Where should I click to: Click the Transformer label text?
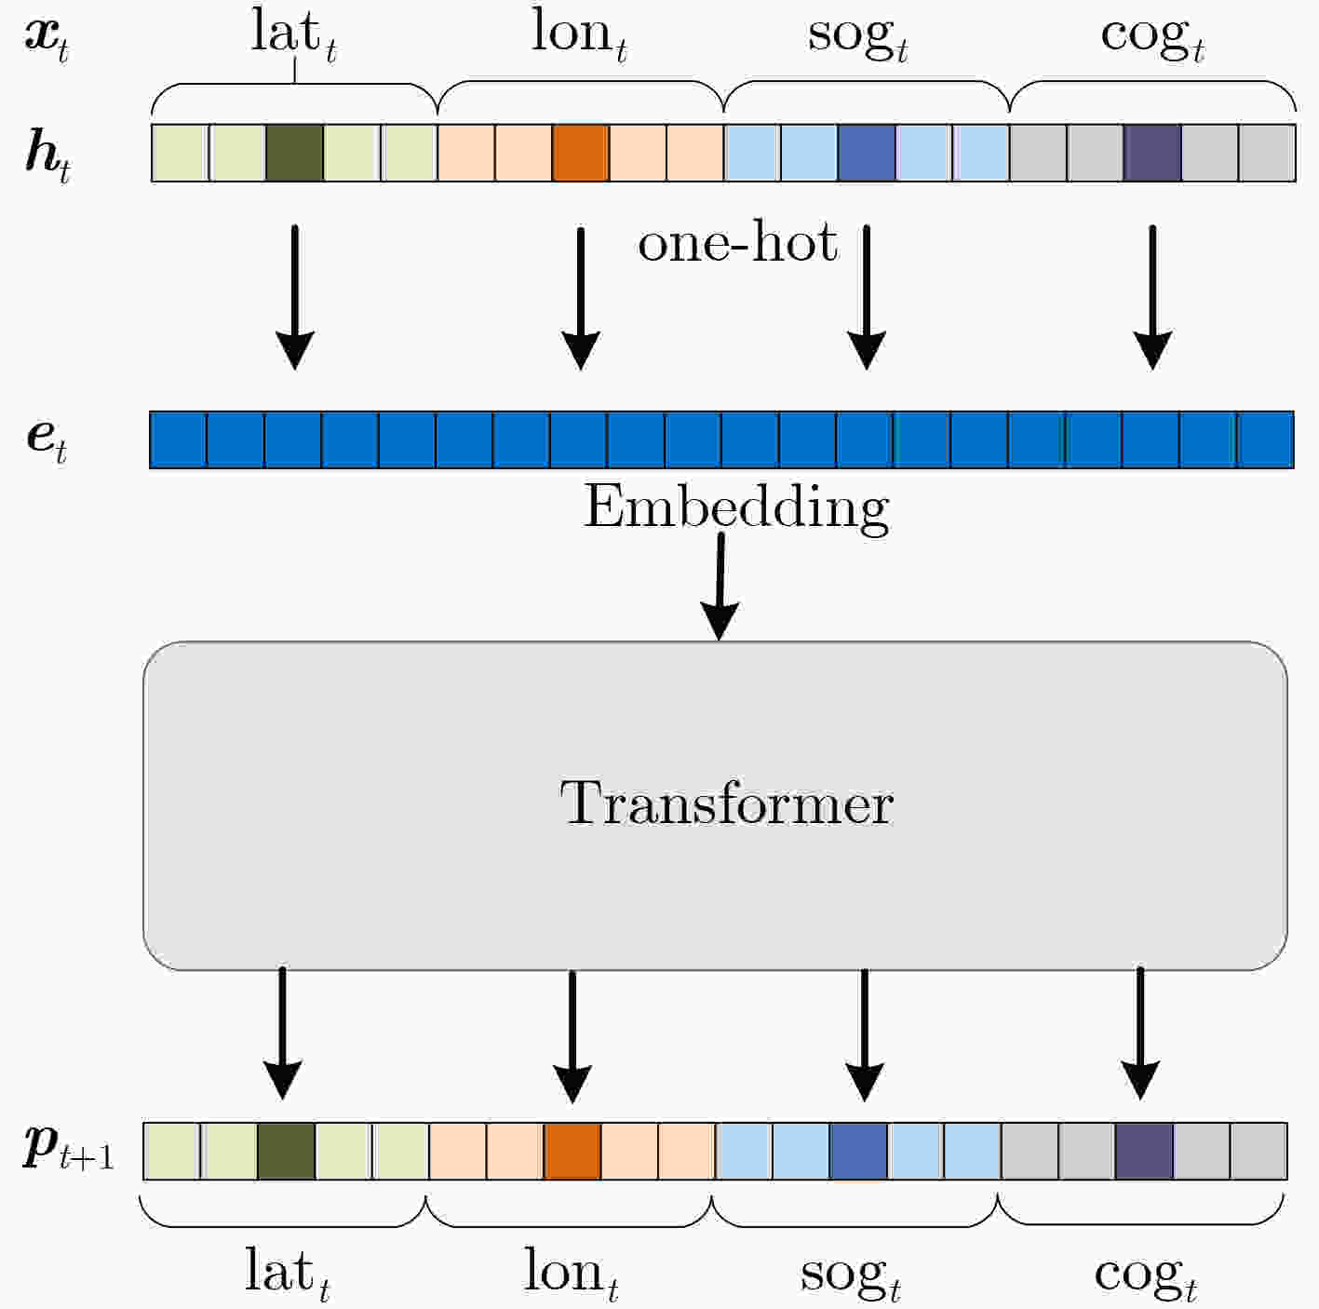[726, 803]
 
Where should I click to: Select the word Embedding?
[735, 509]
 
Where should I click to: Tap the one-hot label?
[737, 242]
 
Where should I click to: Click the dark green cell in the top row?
[294, 153]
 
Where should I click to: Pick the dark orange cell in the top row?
[580, 153]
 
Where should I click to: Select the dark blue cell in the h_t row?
[867, 153]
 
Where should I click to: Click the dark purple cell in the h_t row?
[1152, 153]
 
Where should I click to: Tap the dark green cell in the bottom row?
[286, 1151]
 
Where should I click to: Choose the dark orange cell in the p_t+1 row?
[572, 1151]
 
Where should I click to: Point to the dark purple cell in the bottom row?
[1144, 1151]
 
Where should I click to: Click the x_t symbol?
[47, 40]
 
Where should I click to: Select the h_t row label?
[47, 156]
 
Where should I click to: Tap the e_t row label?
[47, 440]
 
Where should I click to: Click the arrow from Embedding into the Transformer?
[720, 587]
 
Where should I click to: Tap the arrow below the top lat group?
[295, 298]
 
